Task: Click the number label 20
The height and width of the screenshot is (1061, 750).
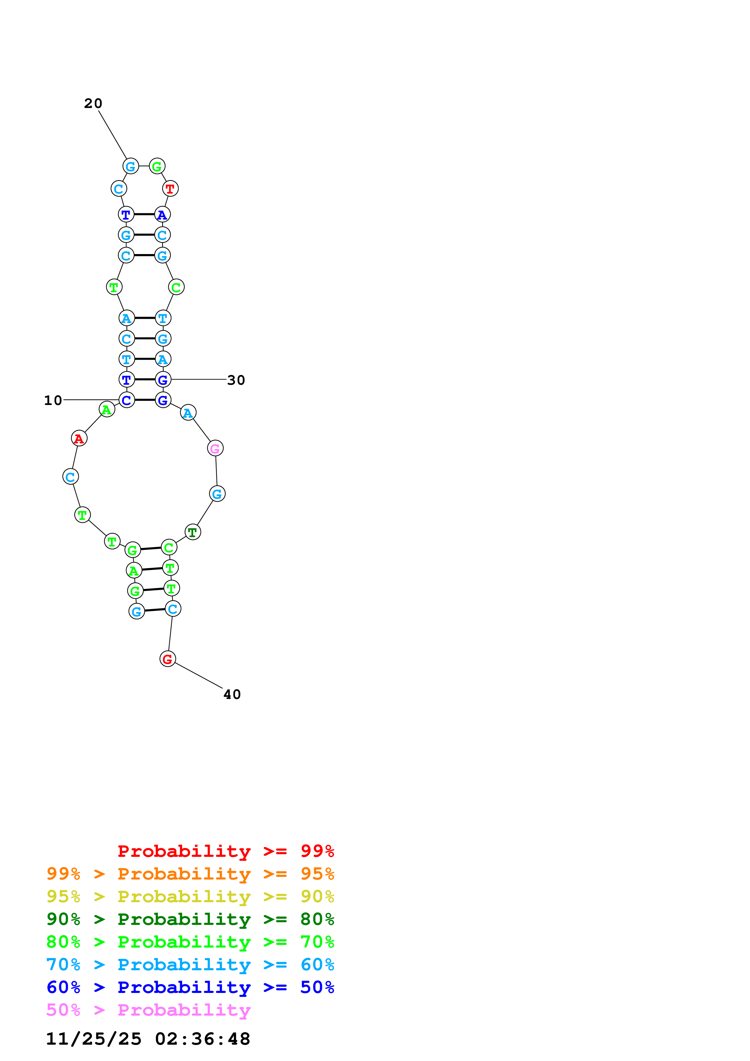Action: (x=93, y=103)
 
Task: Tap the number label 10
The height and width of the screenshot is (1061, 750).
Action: (x=53, y=400)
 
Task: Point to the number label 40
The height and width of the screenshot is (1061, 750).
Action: (x=232, y=694)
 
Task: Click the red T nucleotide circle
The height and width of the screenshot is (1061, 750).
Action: (x=170, y=188)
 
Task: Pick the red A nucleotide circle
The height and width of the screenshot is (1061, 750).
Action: (x=79, y=438)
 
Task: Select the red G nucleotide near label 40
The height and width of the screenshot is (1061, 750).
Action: (x=167, y=659)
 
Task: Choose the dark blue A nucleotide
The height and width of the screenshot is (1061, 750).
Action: (x=162, y=214)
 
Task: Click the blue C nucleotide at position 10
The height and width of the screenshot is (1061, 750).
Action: (x=127, y=400)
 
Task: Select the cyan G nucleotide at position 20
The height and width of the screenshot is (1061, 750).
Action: (x=130, y=166)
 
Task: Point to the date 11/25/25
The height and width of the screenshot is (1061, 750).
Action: (x=93, y=1039)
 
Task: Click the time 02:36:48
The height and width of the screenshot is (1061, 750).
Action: (x=202, y=1039)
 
